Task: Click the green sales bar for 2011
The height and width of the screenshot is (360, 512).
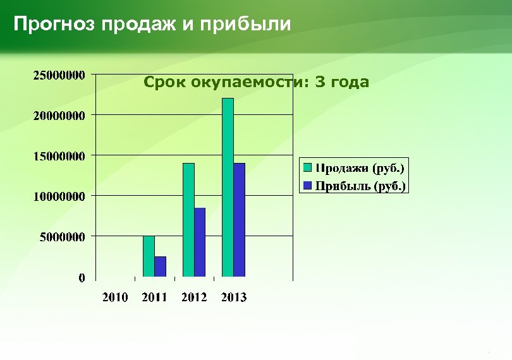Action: (149, 256)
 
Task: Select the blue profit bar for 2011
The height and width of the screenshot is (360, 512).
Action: (160, 267)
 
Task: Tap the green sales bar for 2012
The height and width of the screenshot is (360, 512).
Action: (188, 220)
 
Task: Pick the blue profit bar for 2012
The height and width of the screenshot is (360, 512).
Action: (200, 243)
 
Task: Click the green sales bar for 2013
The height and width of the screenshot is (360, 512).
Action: (228, 188)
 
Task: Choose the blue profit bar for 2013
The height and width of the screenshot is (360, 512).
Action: (239, 220)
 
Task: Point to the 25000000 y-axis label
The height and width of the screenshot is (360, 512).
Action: (59, 75)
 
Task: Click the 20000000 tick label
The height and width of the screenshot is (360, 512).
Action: (59, 116)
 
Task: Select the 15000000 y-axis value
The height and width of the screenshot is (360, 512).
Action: (59, 156)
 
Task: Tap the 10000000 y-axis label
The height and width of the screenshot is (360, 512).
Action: (59, 196)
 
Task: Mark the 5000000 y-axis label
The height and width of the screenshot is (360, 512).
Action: (63, 237)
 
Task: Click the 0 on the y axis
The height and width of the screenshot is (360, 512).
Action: (82, 278)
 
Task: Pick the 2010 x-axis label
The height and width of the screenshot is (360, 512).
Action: (115, 297)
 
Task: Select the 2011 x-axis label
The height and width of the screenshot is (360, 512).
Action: (154, 297)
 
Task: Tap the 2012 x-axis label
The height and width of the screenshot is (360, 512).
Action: (194, 297)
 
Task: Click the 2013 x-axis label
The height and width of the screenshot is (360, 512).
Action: (234, 297)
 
